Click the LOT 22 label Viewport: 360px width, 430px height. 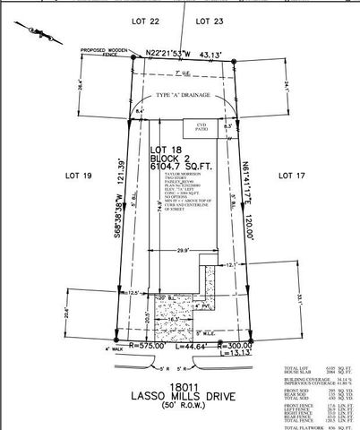point(147,21)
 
